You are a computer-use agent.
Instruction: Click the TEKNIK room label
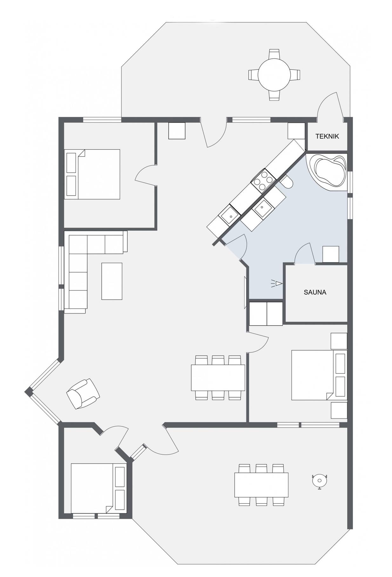click(x=327, y=136)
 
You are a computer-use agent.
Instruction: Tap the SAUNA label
click(x=315, y=292)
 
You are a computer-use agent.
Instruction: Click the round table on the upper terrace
click(x=274, y=75)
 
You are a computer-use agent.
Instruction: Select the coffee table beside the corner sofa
click(x=112, y=281)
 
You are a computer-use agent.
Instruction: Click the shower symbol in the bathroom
click(x=277, y=283)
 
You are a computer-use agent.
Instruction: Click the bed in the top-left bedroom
click(x=92, y=174)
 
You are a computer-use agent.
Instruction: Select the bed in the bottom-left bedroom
click(x=98, y=488)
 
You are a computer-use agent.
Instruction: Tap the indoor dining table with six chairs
click(x=218, y=378)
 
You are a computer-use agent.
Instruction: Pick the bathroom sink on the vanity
click(x=263, y=208)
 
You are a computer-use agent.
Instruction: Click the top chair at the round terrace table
click(x=274, y=54)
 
